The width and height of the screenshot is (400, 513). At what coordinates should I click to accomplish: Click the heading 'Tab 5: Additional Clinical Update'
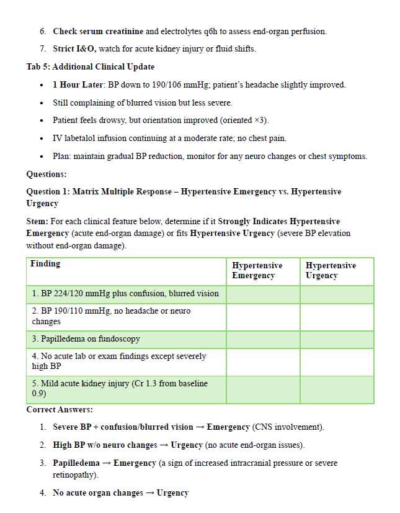(91, 66)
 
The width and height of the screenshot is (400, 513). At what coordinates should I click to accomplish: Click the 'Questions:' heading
(47, 175)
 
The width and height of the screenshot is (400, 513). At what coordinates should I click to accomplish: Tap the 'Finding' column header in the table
(45, 264)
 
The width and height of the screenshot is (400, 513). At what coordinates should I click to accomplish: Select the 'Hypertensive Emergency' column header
(257, 270)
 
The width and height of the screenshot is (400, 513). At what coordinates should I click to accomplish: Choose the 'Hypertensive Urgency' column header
(331, 270)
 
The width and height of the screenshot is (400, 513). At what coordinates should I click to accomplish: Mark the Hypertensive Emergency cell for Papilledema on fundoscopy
(263, 339)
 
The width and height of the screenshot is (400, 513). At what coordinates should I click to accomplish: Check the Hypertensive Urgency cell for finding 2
(337, 316)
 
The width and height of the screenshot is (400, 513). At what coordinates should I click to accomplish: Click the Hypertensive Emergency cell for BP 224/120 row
(263, 294)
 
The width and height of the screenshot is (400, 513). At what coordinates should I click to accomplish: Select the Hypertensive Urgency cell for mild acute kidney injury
(337, 389)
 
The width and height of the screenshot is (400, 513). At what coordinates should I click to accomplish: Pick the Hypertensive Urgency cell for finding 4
(337, 361)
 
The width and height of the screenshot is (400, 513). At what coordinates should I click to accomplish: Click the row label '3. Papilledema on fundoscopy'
(86, 339)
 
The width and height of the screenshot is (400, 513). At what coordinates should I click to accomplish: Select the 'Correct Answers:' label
(60, 410)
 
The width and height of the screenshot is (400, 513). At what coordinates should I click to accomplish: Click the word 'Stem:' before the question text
(37, 222)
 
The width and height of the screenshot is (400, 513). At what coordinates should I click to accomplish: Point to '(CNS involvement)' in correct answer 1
(288, 427)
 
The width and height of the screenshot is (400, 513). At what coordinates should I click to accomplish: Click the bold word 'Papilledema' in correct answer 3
(76, 463)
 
